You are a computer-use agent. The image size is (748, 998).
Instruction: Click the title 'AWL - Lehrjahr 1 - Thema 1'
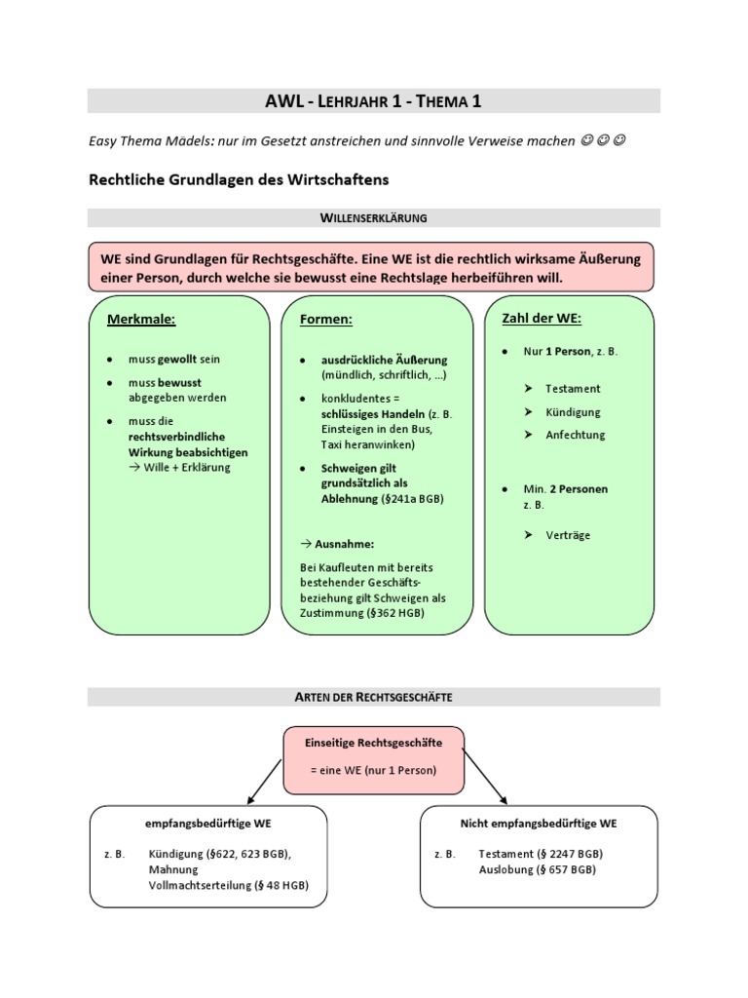tap(373, 100)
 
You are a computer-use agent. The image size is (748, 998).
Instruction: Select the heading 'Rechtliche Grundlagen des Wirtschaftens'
tap(238, 179)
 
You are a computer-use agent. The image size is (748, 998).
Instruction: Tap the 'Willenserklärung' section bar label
tap(373, 217)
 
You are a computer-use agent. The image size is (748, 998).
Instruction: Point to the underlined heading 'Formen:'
tap(327, 319)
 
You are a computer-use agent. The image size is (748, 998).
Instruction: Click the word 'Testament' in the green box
tap(573, 388)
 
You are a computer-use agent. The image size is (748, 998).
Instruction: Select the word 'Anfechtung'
tap(575, 435)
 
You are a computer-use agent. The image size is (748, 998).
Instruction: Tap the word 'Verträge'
tap(568, 535)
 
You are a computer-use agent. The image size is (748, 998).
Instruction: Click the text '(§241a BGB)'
tap(412, 498)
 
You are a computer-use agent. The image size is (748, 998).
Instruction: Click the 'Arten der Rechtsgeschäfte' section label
tap(373, 697)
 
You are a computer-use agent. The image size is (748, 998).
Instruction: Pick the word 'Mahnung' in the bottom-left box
tap(173, 868)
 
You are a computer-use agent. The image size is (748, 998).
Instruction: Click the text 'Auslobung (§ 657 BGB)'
tap(539, 868)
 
